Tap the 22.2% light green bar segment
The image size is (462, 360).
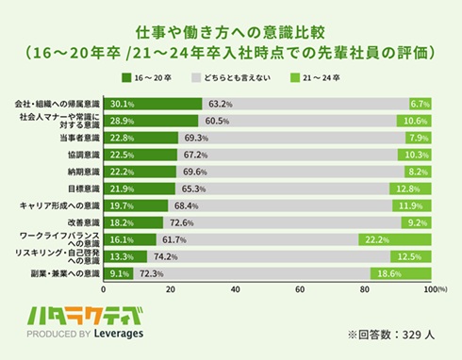(396, 240)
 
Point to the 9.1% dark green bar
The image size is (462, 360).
(119, 274)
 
